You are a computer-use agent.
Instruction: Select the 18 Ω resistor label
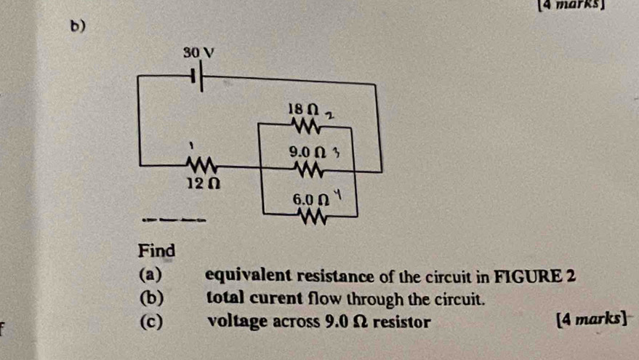click(303, 108)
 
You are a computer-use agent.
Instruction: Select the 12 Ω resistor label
click(196, 186)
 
